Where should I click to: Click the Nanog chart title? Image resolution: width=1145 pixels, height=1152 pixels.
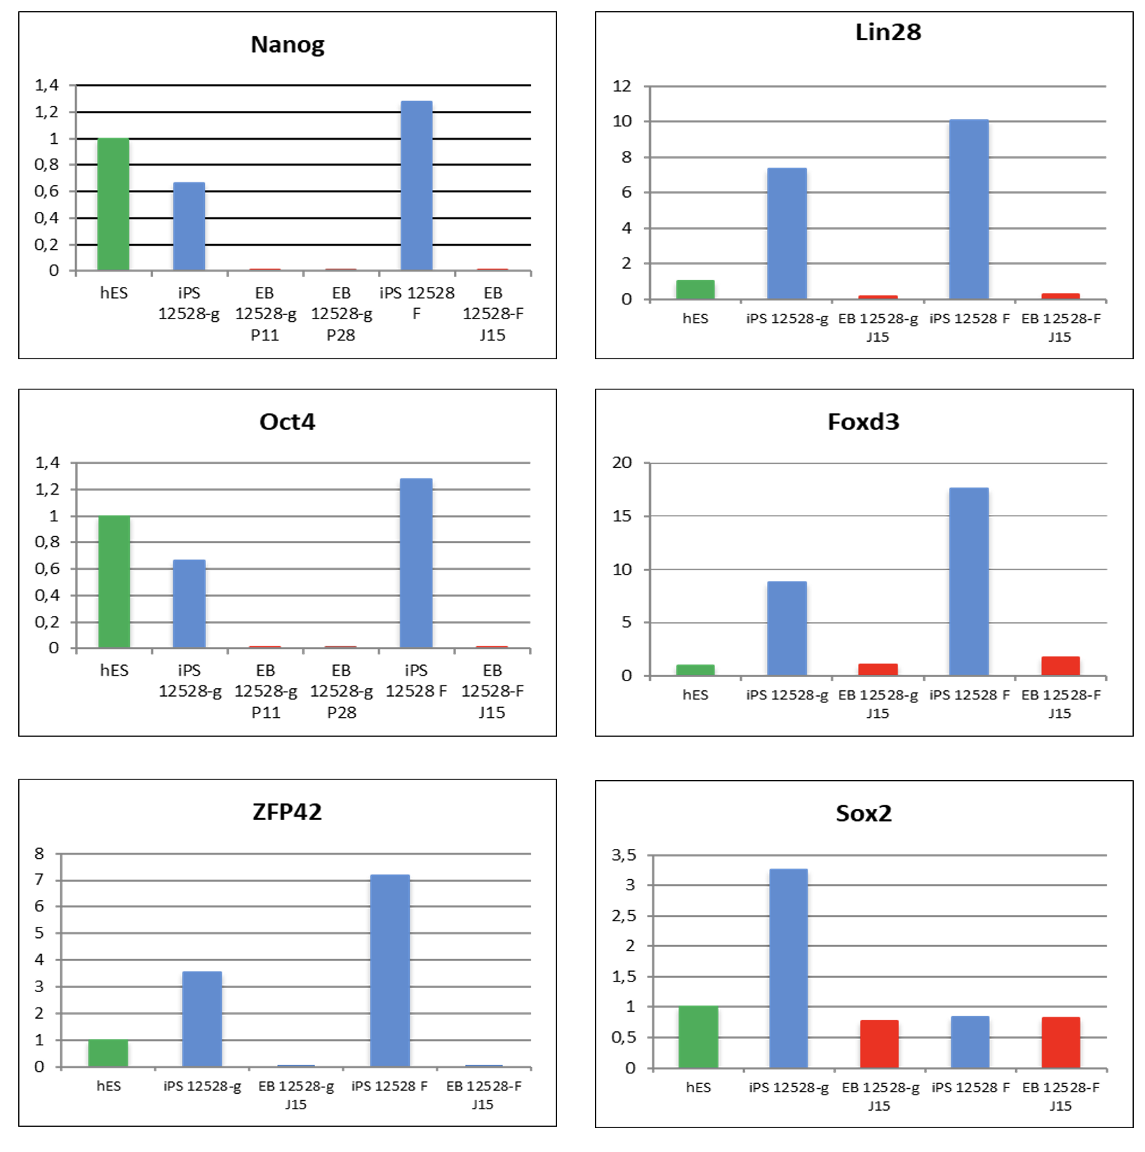[x=287, y=45]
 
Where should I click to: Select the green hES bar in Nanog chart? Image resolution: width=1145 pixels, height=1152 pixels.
[x=113, y=204]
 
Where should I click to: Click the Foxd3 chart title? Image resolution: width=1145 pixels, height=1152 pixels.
[x=863, y=422]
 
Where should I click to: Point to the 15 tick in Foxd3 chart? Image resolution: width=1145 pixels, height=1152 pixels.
[x=622, y=516]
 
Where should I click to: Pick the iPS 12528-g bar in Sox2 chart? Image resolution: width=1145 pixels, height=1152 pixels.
[x=788, y=968]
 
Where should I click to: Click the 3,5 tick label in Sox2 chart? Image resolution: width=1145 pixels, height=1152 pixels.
[x=624, y=855]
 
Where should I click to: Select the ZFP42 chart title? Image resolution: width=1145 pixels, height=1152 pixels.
[x=287, y=812]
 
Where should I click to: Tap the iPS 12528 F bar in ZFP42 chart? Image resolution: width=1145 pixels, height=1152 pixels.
[x=389, y=970]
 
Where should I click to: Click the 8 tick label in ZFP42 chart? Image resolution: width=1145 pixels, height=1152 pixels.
[x=39, y=854]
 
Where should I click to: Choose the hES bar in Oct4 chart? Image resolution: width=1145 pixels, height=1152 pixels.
[x=114, y=582]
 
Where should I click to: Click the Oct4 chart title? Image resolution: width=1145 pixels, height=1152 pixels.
[x=287, y=422]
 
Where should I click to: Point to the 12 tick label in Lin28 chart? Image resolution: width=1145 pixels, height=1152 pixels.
[x=622, y=86]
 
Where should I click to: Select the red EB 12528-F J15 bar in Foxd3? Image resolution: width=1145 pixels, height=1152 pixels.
[x=1060, y=666]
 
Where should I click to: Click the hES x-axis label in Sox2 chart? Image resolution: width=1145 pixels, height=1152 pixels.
[x=698, y=1087]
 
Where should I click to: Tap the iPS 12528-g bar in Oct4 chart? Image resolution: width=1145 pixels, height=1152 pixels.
[x=189, y=603]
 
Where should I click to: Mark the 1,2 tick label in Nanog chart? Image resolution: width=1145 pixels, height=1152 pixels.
[x=47, y=112]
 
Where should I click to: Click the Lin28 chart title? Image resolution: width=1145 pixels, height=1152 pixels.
[x=888, y=32]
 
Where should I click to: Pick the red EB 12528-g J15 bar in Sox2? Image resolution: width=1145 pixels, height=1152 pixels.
[x=879, y=1044]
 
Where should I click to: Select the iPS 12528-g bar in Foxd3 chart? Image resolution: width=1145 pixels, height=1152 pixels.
[x=786, y=628]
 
